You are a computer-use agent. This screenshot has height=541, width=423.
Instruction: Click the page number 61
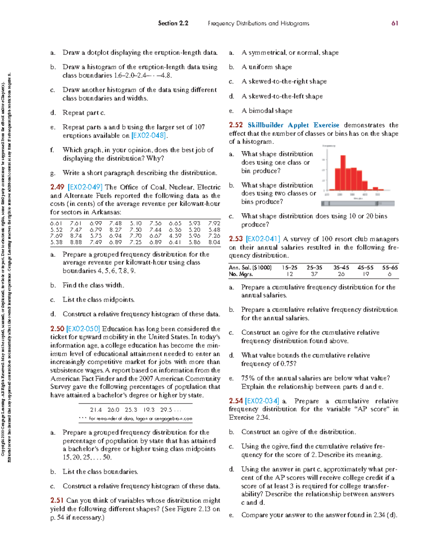pyautogui.click(x=394, y=23)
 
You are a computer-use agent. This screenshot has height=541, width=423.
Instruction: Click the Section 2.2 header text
pyautogui.click(x=173, y=23)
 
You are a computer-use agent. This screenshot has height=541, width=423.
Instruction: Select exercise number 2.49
pyautogui.click(x=57, y=187)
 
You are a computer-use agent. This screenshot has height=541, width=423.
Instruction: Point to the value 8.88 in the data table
pyautogui.click(x=76, y=242)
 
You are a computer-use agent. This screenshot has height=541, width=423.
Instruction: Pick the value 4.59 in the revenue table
pyautogui.click(x=175, y=236)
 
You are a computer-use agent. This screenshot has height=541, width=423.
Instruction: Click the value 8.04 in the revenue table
pyautogui.click(x=214, y=242)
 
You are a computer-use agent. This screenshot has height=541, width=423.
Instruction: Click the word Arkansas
pyautogui.click(x=106, y=212)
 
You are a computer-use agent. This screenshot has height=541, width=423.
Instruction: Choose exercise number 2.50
pyautogui.click(x=57, y=329)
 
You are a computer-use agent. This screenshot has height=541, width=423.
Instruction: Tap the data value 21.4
pyautogui.click(x=96, y=410)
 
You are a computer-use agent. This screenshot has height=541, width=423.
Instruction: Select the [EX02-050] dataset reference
pyautogui.click(x=83, y=329)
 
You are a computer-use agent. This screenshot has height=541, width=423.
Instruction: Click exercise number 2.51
pyautogui.click(x=57, y=500)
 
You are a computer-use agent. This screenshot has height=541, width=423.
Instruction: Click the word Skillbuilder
pyautogui.click(x=265, y=125)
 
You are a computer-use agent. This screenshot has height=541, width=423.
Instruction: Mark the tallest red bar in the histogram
pyautogui.click(x=343, y=173)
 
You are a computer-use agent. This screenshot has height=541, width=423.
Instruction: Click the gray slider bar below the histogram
pyautogui.click(x=357, y=204)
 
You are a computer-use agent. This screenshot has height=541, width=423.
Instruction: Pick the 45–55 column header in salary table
pyautogui.click(x=366, y=268)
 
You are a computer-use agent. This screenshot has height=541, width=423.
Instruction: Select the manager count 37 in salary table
pyautogui.click(x=314, y=274)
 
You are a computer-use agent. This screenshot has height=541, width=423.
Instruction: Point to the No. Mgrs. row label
pyautogui.click(x=241, y=274)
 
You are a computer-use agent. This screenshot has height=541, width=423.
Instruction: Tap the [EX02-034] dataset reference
pyautogui.click(x=262, y=401)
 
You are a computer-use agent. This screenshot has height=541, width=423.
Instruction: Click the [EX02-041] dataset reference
pyautogui.click(x=263, y=239)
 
